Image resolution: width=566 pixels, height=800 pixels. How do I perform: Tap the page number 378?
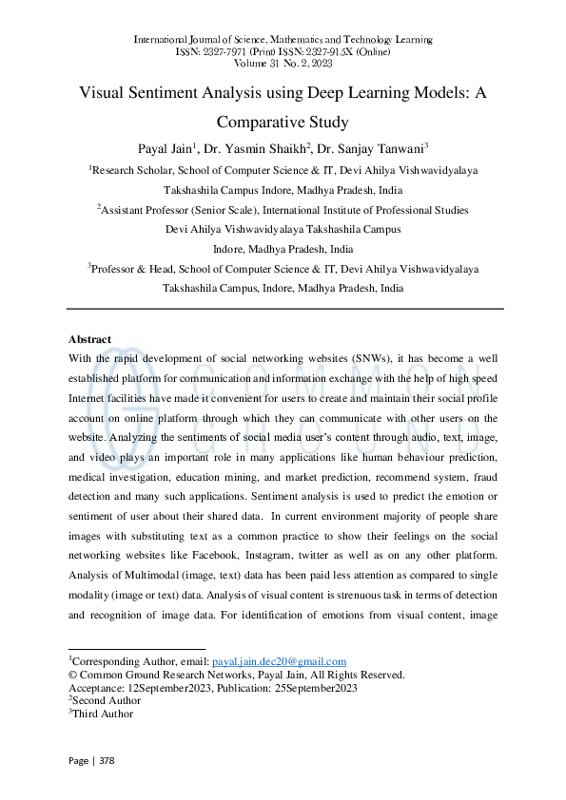[x=105, y=760]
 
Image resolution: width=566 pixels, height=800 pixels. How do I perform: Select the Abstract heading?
[x=89, y=339]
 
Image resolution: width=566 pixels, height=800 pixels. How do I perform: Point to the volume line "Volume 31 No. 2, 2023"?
[x=283, y=63]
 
